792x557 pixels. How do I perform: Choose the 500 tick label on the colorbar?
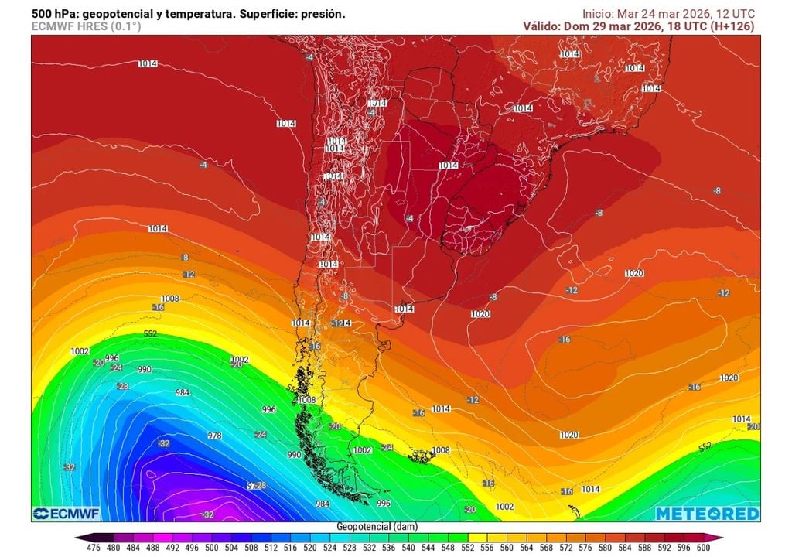pyautogui.click(x=211, y=548)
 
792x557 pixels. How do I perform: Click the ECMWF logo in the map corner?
pyautogui.click(x=63, y=514)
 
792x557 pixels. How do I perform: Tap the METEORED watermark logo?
pyautogui.click(x=707, y=514)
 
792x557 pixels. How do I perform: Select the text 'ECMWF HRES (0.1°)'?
pyautogui.click(x=86, y=26)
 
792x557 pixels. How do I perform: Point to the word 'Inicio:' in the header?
pyautogui.click(x=600, y=14)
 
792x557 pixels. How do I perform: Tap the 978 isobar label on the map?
pyautogui.click(x=215, y=436)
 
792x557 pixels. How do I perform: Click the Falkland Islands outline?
pyautogui.click(x=424, y=456)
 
